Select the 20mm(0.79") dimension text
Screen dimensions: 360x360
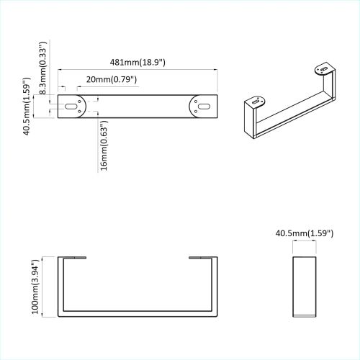click(110, 78)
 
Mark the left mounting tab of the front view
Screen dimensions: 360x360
click(72, 256)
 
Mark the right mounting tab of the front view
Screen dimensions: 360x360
click(202, 256)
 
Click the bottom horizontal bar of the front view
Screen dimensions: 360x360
click(137, 315)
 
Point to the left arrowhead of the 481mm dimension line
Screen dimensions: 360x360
click(60, 70)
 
